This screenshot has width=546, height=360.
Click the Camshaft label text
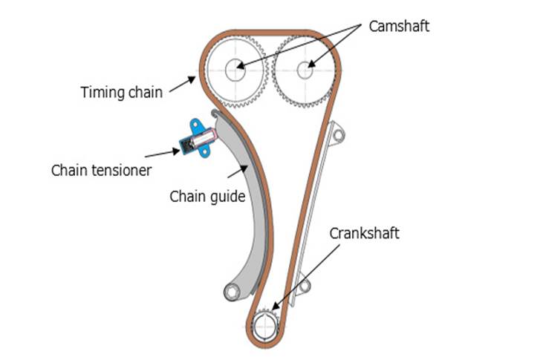(399, 26)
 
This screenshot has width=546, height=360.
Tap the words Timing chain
(121, 94)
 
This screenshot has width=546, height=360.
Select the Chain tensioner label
(102, 170)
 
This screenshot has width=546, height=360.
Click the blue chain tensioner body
(195, 138)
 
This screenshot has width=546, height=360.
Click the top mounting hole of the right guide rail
(338, 135)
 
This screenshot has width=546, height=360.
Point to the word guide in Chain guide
(227, 197)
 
